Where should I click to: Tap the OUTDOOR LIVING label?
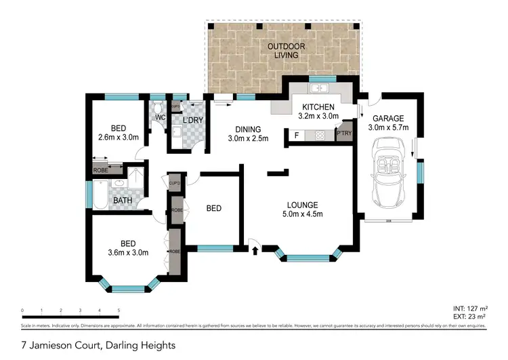pos(285,51)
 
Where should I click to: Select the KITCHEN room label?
pos(318,107)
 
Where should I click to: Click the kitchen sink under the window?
pos(317,90)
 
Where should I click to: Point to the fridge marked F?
pos(296,136)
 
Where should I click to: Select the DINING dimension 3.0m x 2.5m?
pos(247,139)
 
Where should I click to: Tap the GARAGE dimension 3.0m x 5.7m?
pos(388,127)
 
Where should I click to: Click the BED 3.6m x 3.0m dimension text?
pos(129,253)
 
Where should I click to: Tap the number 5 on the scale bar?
pos(119,311)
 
